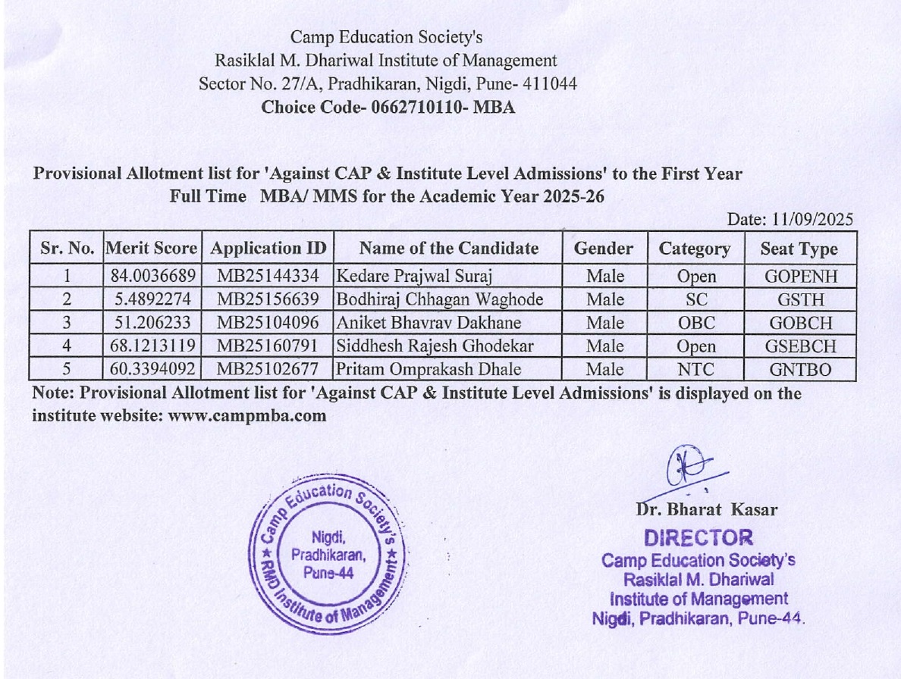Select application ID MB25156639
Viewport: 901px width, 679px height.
pos(268,299)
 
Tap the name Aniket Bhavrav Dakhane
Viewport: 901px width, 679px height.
pos(429,323)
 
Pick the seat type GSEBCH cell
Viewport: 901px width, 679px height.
pos(800,346)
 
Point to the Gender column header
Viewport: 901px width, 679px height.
pos(604,249)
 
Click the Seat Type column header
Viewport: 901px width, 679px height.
pos(800,249)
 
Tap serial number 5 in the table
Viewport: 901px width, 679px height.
pos(67,371)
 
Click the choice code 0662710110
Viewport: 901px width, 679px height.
pos(417,107)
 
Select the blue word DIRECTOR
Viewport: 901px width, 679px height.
pos(698,538)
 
